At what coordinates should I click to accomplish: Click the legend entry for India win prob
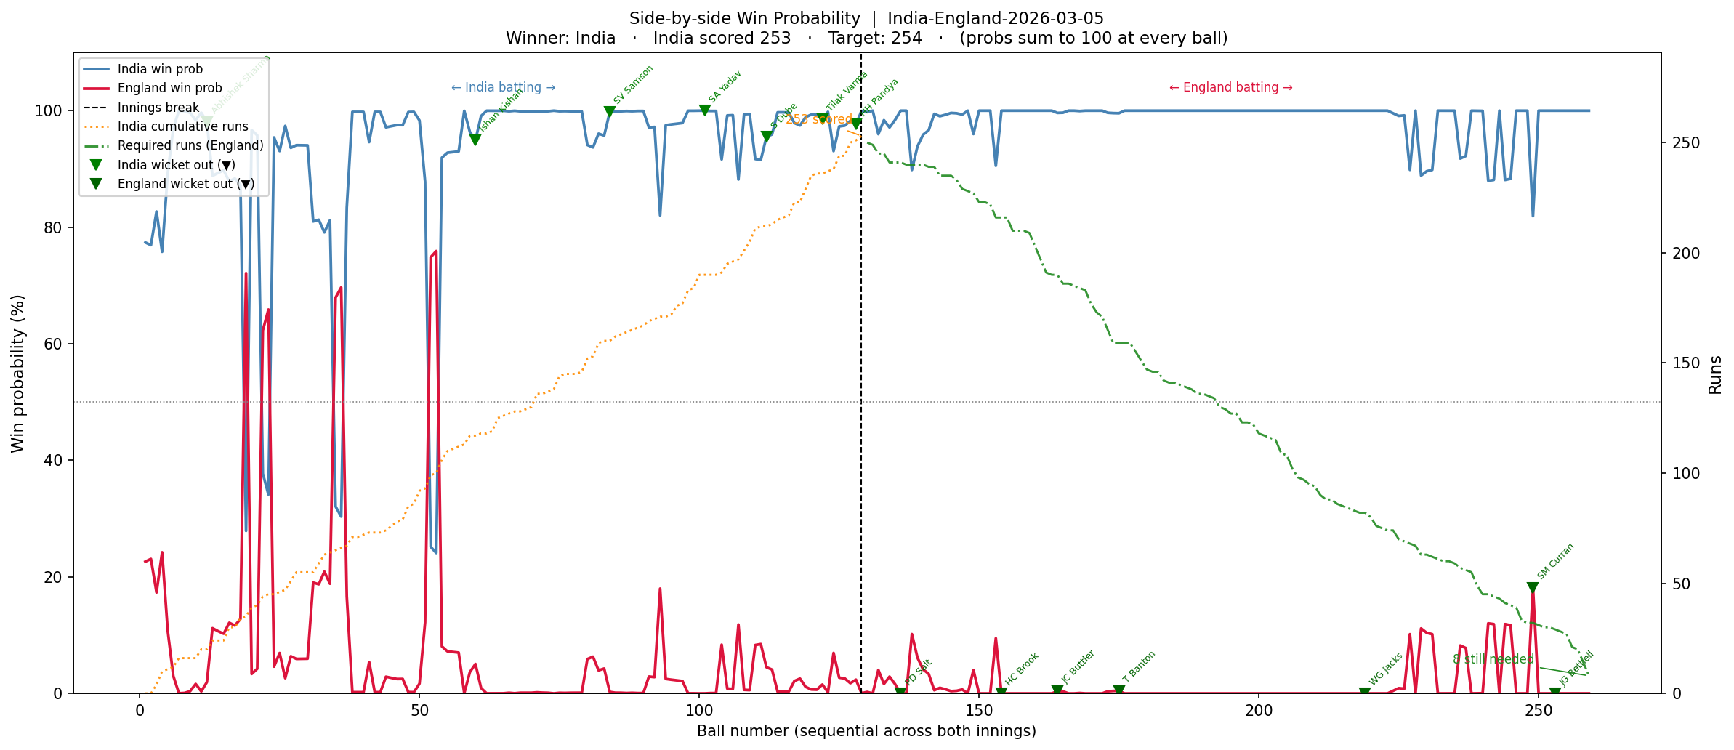(160, 69)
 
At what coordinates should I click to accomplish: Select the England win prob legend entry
(169, 88)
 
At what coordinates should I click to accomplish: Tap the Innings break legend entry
(158, 108)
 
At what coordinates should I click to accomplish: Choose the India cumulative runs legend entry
(182, 126)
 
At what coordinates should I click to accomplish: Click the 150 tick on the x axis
(979, 710)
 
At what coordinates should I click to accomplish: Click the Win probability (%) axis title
(18, 374)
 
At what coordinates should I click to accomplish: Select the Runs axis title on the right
(1715, 375)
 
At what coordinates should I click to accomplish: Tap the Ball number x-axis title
(866, 731)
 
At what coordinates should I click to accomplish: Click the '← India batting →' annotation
(503, 88)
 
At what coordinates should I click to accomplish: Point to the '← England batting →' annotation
(1230, 88)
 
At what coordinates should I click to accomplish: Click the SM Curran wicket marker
(1533, 588)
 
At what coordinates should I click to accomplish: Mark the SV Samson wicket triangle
(610, 112)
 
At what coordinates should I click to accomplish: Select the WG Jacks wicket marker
(1365, 693)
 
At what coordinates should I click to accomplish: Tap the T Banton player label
(1139, 667)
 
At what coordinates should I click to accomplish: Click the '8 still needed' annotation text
(1493, 659)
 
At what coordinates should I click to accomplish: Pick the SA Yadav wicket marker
(705, 110)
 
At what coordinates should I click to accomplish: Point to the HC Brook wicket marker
(1001, 693)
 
